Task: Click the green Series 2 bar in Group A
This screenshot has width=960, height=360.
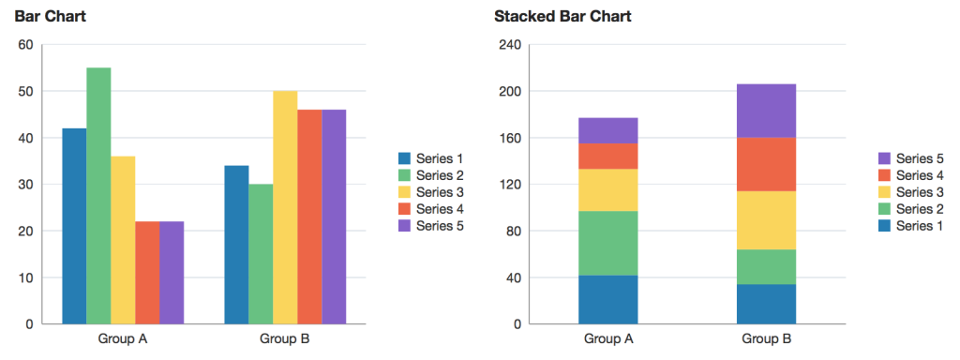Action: (x=98, y=196)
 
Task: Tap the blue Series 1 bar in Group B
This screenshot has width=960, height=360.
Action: (x=236, y=245)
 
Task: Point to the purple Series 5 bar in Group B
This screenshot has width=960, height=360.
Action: (x=334, y=217)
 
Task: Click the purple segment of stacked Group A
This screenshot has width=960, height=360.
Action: (x=607, y=130)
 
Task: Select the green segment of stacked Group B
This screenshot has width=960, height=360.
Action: (x=768, y=267)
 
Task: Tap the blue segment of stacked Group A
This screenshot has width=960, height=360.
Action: (x=607, y=300)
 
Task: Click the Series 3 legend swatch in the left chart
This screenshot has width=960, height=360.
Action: (x=405, y=192)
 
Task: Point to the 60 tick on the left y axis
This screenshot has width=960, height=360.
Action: (x=25, y=45)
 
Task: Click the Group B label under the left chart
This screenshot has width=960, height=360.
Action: (x=285, y=338)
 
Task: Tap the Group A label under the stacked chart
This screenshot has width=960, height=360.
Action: (x=607, y=338)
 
